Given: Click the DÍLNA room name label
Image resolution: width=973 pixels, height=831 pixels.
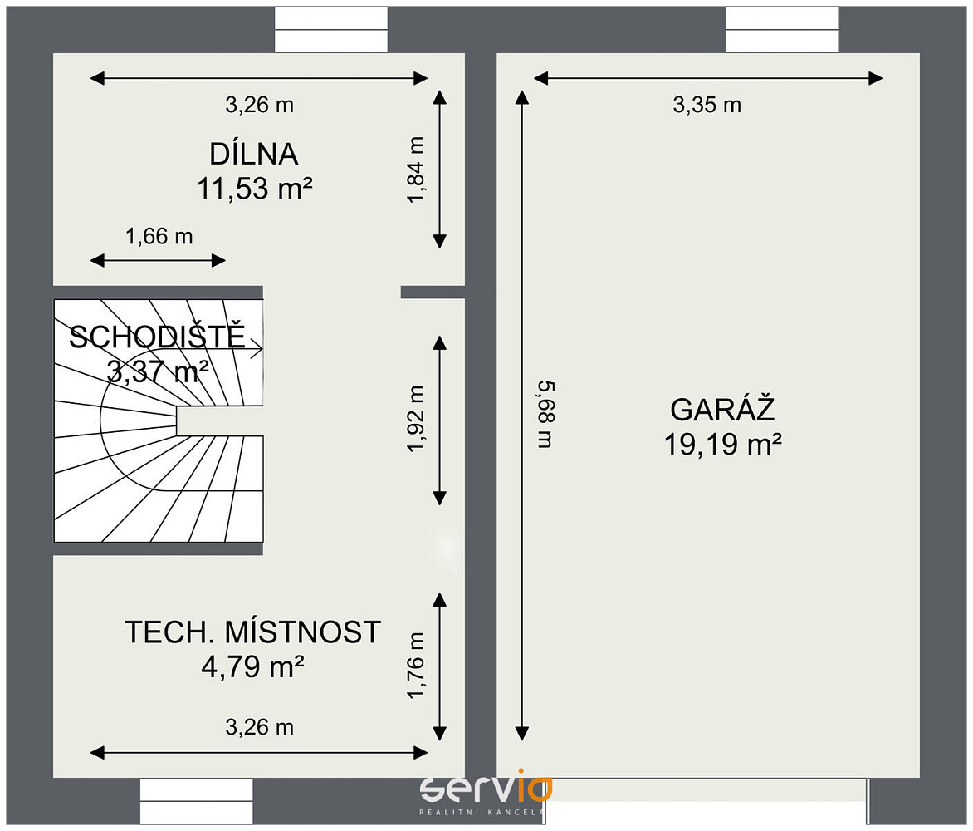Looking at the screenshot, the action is pos(254,154).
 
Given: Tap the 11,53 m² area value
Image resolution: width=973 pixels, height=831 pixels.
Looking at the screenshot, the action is pos(254,188).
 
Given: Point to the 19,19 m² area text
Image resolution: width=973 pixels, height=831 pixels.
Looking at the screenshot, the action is pos(722,444).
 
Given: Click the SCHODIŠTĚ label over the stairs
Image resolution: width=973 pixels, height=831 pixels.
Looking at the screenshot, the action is pos(157,336).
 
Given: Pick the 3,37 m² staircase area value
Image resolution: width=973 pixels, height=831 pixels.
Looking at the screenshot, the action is pos(158,371).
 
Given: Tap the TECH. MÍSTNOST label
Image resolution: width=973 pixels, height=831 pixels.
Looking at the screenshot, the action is pos(252,632).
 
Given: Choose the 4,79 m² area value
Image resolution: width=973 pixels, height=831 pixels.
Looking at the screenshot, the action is pos(252,666).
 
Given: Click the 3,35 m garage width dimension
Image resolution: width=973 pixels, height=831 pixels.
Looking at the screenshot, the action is pos(707,105).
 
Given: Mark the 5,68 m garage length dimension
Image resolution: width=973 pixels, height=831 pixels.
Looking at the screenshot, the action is pos(545,415).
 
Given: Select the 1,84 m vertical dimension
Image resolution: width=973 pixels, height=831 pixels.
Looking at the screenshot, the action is pos(416,170).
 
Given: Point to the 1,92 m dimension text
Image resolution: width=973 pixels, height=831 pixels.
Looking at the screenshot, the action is pos(416,419).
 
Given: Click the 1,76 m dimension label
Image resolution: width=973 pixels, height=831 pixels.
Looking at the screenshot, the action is pos(416,665).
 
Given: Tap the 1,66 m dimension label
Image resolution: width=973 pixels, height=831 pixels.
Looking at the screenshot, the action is pos(159,236).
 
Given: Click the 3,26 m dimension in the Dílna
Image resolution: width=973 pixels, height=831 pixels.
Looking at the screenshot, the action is pos(259,105).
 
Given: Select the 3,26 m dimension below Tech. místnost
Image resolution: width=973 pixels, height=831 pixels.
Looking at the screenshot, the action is pos(259,727).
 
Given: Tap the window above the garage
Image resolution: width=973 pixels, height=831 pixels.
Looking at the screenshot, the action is pos(782,29).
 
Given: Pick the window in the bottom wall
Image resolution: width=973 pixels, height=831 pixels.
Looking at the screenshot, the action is pos(196,802).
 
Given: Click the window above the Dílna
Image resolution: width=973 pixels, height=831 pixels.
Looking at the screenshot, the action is pos(331,29).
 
